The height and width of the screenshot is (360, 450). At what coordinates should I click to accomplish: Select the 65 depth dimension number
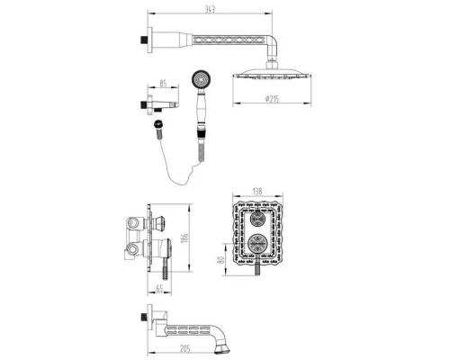[160, 290]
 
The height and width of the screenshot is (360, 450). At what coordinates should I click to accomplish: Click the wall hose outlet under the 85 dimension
[147, 106]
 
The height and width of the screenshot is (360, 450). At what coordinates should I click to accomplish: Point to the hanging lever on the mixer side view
[166, 267]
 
